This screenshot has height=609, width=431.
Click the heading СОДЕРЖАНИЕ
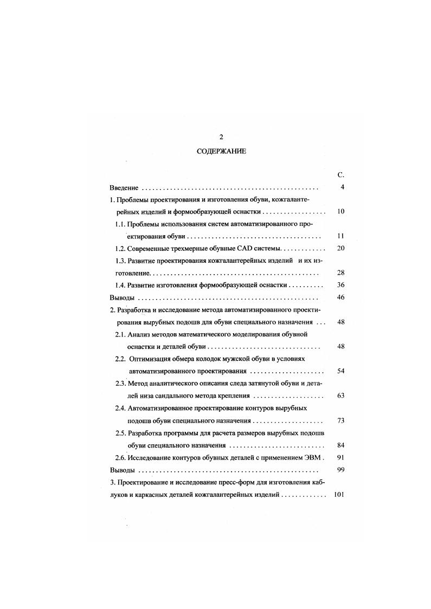click(221, 152)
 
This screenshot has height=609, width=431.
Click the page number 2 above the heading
click(221, 137)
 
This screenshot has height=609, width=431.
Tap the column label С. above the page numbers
click(340, 175)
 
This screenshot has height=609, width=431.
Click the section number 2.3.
click(120, 384)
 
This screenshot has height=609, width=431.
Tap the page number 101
click(339, 494)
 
